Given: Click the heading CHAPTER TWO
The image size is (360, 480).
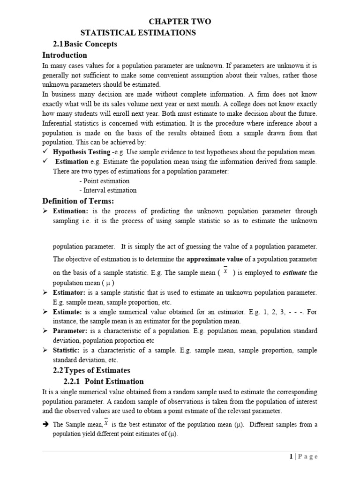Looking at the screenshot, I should point(180,22).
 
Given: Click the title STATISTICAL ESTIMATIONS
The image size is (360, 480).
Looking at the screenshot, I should point(138,33).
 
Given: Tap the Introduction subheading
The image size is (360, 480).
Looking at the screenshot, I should point(65,55).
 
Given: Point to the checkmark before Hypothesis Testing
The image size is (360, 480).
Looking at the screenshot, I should point(45,152).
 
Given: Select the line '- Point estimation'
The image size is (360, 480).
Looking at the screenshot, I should point(104,181).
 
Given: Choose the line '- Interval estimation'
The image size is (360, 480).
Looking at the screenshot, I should point(108,190).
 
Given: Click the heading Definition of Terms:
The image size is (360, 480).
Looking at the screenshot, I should point(78,201).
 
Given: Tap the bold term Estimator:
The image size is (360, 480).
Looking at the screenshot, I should point(69,292).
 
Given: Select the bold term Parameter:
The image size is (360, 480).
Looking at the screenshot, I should point(70,331).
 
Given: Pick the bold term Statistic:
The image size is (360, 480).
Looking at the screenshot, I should point(67,350).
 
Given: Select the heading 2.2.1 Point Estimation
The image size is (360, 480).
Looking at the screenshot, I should point(104,381).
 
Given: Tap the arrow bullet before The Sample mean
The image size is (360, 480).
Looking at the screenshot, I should point(45,425).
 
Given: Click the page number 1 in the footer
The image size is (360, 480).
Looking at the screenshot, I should point(292,456).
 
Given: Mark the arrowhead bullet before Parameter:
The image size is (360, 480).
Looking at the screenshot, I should point(45,331).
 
